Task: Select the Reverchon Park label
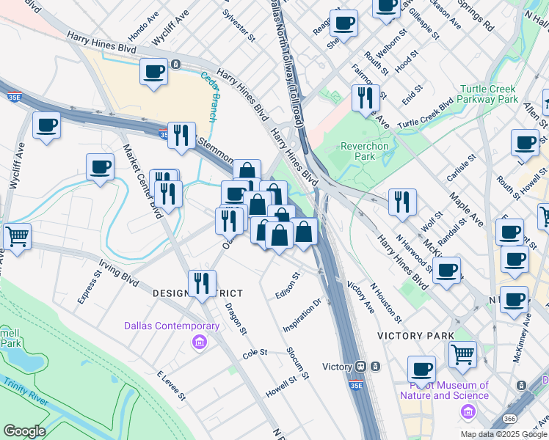tap(364, 151)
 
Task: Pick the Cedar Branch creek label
tap(210, 92)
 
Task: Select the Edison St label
tap(292, 286)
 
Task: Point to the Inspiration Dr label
tap(303, 315)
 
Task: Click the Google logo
tap(24, 431)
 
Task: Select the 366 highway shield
tap(509, 418)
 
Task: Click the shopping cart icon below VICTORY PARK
tap(462, 355)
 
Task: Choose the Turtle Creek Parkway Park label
tap(489, 94)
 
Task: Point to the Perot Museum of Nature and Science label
tap(444, 390)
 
